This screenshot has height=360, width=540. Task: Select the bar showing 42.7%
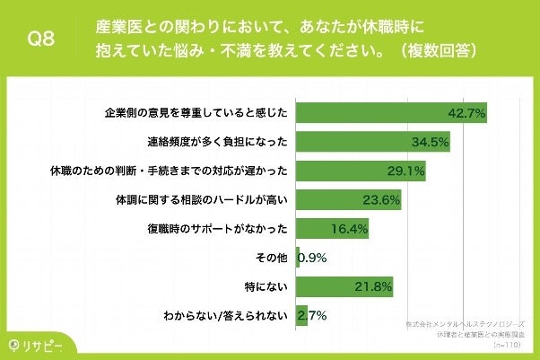pos(390,114)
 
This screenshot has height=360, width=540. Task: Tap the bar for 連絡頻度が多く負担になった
pos(372,143)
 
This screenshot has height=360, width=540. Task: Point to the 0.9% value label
pos(312,258)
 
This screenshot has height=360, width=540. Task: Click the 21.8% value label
pos(372,286)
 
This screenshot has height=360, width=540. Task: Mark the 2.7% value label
pos(313,315)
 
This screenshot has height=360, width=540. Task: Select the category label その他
pos(270,258)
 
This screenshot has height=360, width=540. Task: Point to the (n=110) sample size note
pos(507,342)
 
